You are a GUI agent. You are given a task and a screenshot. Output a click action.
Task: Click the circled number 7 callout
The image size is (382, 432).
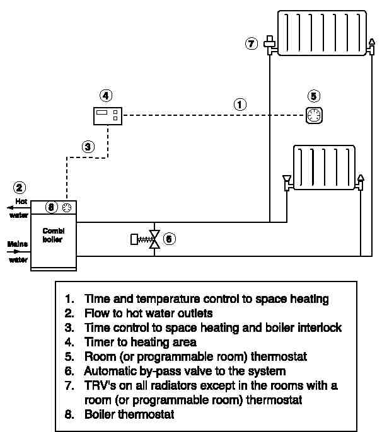click(x=252, y=44)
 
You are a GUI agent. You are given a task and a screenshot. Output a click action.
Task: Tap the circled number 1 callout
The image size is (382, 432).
click(x=240, y=105)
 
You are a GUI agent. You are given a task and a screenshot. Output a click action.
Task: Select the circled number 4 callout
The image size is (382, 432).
click(x=106, y=96)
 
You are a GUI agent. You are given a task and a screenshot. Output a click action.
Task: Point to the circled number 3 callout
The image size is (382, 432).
click(x=89, y=147)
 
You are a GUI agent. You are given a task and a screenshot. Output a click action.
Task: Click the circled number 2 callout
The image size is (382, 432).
click(x=20, y=188)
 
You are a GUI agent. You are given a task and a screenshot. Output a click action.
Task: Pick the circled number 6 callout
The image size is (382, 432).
click(x=169, y=239)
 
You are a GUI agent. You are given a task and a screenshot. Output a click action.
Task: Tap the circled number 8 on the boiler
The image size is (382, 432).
click(x=52, y=207)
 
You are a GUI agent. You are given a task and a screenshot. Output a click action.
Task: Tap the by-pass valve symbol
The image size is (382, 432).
click(x=154, y=239)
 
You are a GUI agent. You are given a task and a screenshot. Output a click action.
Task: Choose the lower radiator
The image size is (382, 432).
click(x=324, y=168)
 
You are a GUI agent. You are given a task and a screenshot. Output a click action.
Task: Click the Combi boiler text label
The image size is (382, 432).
click(x=53, y=235)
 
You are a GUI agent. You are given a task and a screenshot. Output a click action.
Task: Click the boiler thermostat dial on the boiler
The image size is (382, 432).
click(x=66, y=207)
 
